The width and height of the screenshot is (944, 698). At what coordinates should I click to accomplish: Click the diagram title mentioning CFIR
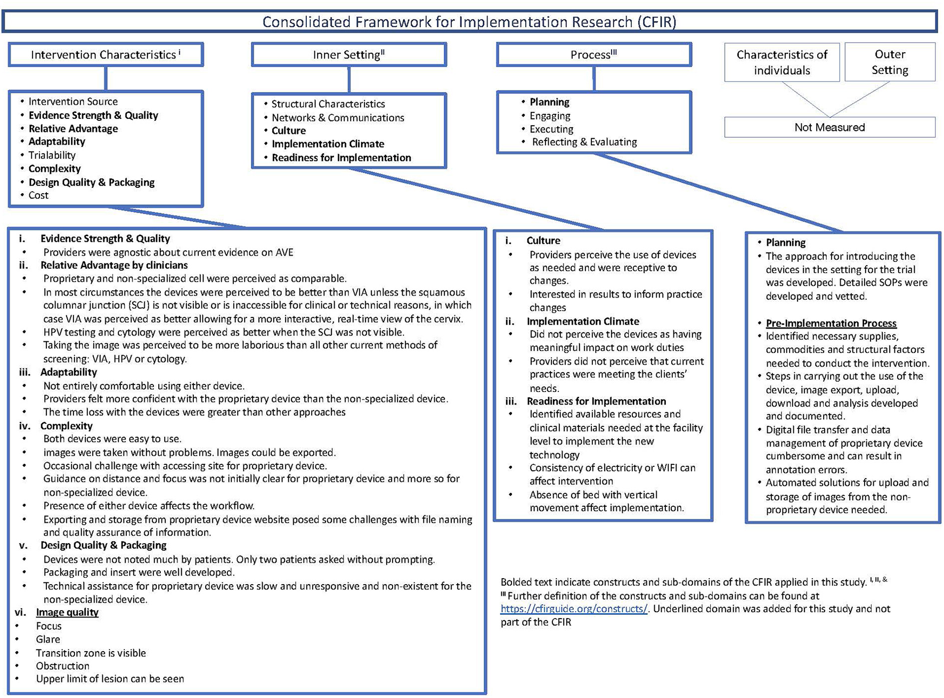click(x=469, y=22)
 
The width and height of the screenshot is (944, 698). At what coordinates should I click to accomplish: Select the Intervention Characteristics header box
click(x=105, y=55)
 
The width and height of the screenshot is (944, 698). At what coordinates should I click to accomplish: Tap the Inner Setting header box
click(x=349, y=55)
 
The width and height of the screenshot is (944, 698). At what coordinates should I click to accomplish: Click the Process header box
click(x=593, y=55)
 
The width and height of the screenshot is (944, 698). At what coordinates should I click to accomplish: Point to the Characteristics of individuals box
click(x=782, y=62)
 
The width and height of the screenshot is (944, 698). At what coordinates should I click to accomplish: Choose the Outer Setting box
click(x=890, y=62)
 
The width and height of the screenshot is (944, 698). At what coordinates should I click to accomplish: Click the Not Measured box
click(x=829, y=127)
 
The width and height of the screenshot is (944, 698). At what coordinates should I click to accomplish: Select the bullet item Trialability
click(x=52, y=155)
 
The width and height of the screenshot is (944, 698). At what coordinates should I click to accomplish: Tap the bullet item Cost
click(x=38, y=195)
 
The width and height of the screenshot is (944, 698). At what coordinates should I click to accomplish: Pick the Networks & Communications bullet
click(x=338, y=118)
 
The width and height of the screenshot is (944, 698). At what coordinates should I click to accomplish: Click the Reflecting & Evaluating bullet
click(x=584, y=142)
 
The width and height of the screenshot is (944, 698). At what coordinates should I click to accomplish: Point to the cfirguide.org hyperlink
click(x=574, y=609)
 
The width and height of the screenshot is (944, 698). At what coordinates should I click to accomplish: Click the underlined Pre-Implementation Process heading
click(x=831, y=323)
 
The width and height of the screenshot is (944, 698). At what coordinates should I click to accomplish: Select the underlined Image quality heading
click(x=67, y=612)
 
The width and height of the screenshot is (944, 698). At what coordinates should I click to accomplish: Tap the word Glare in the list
click(x=48, y=639)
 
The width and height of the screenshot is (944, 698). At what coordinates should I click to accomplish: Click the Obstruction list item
click(x=62, y=666)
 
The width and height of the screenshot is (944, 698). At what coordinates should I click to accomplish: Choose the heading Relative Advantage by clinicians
click(x=114, y=265)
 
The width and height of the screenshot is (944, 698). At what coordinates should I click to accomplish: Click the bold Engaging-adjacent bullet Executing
click(x=551, y=129)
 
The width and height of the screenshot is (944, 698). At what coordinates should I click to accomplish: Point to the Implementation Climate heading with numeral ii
click(x=583, y=322)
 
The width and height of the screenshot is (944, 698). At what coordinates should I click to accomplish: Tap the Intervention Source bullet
click(x=73, y=102)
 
